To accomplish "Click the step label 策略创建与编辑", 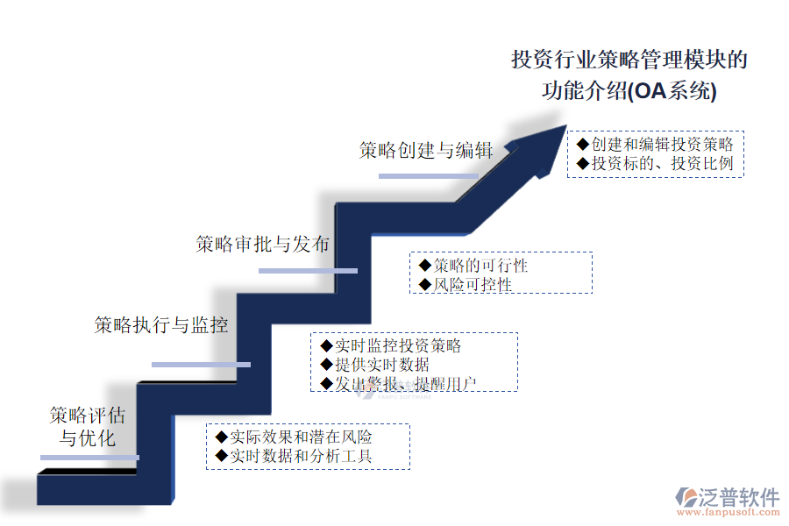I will click(x=426, y=150).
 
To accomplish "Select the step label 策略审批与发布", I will click(x=262, y=245).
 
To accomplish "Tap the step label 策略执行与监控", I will click(x=161, y=325).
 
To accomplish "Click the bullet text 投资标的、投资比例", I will click(x=662, y=164).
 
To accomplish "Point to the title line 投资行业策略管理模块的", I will click(x=629, y=60).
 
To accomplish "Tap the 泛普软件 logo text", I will click(x=739, y=498).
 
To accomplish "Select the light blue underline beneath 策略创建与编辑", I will click(x=428, y=176).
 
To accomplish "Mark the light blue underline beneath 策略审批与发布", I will click(x=308, y=271).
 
